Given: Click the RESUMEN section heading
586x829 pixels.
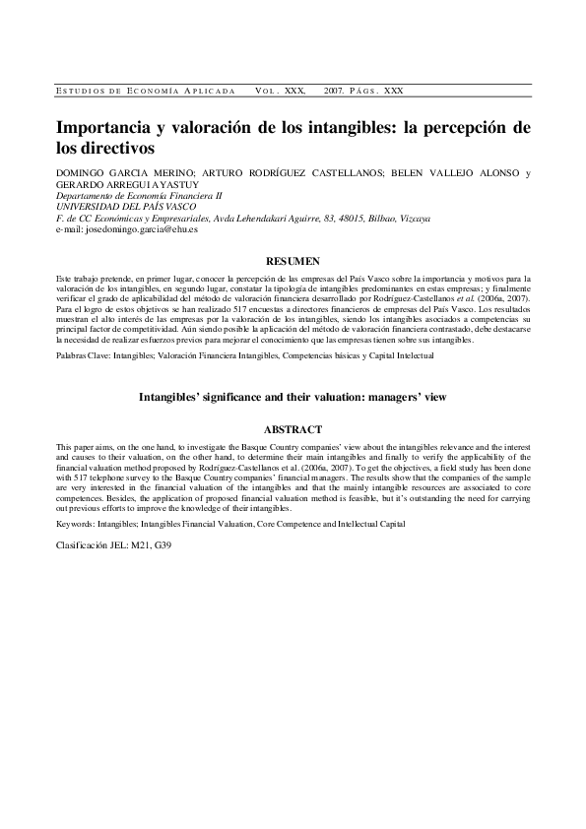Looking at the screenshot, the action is (293, 261).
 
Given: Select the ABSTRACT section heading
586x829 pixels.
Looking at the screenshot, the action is (293, 429).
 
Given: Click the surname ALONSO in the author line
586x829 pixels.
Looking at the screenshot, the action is (478, 174).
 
